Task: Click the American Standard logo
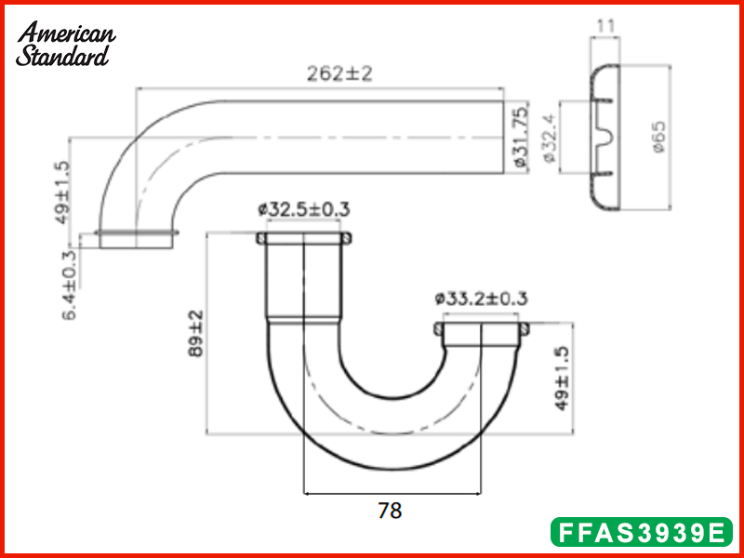[66, 44]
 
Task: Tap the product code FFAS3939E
[641, 533]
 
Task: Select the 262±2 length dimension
[339, 74]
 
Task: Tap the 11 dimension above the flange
[605, 25]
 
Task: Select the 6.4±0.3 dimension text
[70, 284]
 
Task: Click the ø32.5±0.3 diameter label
[304, 210]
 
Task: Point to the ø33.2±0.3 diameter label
[481, 299]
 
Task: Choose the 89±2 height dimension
[195, 333]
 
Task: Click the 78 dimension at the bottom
[391, 510]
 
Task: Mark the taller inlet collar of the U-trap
[304, 279]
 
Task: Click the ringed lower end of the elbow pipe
[136, 239]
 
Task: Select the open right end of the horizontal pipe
[501, 137]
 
